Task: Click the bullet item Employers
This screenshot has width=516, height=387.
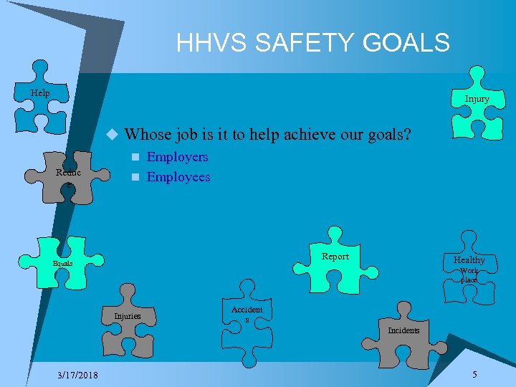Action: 177,157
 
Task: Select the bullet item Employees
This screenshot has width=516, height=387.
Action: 178,177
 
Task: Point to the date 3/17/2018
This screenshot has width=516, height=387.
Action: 79,376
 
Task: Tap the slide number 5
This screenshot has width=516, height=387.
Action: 474,375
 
